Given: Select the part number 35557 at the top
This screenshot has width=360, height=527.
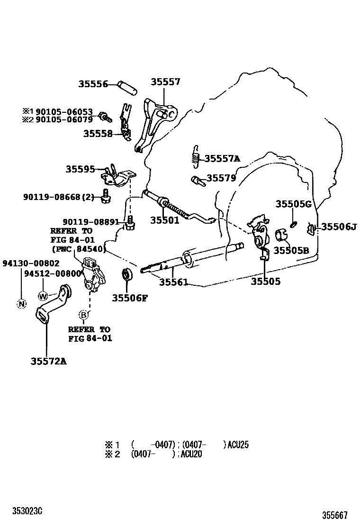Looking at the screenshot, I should point(165,82).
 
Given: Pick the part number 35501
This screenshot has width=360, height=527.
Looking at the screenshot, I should point(165,220).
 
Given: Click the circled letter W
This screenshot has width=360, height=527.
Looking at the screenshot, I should point(43,296).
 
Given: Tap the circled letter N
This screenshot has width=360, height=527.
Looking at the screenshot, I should point(21,304).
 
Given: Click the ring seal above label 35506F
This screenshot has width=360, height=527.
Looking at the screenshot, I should point(127,275).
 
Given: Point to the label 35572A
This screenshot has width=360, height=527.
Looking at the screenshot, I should point(49,361).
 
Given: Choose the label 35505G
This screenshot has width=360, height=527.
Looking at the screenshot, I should point(294,204).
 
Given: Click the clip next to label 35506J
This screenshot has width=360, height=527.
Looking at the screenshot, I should point(311,229).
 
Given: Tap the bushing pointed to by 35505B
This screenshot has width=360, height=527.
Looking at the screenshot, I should point(281,235).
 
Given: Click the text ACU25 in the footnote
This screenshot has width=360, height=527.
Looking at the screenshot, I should point(238,445).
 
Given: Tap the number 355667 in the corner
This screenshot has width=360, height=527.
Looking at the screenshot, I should point(335,515).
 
